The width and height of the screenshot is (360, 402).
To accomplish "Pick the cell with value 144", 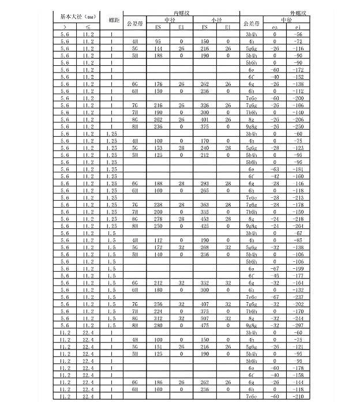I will pyautogui.click(x=158, y=49).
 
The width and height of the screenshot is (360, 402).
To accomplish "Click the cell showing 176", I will pyautogui.click(x=158, y=84).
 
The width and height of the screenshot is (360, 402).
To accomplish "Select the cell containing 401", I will pyautogui.click(x=204, y=119).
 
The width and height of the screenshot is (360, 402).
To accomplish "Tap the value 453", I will pyautogui.click(x=204, y=219).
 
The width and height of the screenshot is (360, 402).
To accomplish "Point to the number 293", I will pyautogui.click(x=204, y=183).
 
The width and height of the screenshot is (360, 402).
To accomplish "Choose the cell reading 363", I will pyautogui.click(x=204, y=205).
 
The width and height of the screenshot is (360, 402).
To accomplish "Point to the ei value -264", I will pyautogui.click(x=298, y=226).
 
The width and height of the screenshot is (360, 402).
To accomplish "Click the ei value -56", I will pyautogui.click(x=298, y=35).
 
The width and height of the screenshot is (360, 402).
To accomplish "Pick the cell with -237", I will pyautogui.click(x=298, y=297).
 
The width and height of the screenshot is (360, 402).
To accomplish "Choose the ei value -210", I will pyautogui.click(x=298, y=397).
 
